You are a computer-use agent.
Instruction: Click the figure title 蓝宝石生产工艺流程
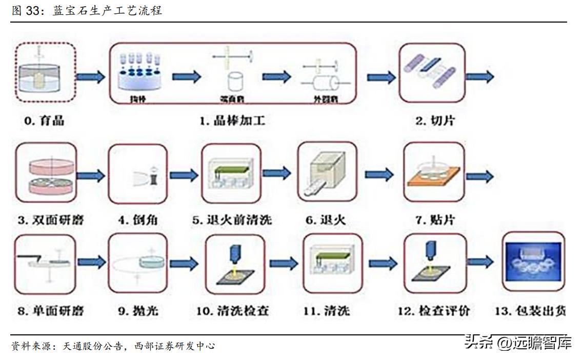click(x=108, y=11)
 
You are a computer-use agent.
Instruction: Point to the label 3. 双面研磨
click(x=51, y=221)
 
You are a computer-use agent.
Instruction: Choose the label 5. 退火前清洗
click(x=232, y=221)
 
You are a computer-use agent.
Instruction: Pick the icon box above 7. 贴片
click(x=434, y=173)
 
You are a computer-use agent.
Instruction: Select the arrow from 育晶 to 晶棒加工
click(x=91, y=77)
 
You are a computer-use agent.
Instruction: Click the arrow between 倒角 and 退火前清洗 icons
click(x=184, y=175)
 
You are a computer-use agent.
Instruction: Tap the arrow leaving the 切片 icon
click(x=480, y=77)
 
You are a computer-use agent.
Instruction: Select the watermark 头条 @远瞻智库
click(x=518, y=342)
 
